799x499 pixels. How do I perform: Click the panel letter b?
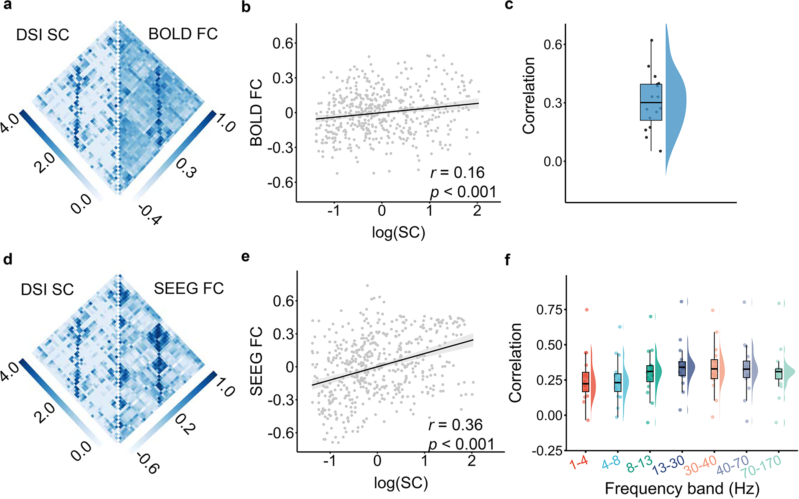[246, 7]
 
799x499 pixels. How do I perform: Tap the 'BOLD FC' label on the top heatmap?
[183, 34]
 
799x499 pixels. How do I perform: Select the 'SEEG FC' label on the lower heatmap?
[189, 289]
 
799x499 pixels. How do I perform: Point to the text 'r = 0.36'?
[455, 425]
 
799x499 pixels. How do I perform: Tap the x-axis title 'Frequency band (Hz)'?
[682, 489]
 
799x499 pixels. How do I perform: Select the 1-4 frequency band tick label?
[579, 463]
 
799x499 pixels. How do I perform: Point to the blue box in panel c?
[651, 102]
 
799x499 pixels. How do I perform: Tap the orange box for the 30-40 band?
[714, 369]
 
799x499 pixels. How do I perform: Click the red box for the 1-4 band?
[586, 382]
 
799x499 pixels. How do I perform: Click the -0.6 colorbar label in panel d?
[148, 463]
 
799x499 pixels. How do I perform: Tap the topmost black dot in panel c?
[652, 40]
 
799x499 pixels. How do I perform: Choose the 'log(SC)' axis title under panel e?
[401, 483]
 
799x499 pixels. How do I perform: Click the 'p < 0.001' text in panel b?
[463, 192]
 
